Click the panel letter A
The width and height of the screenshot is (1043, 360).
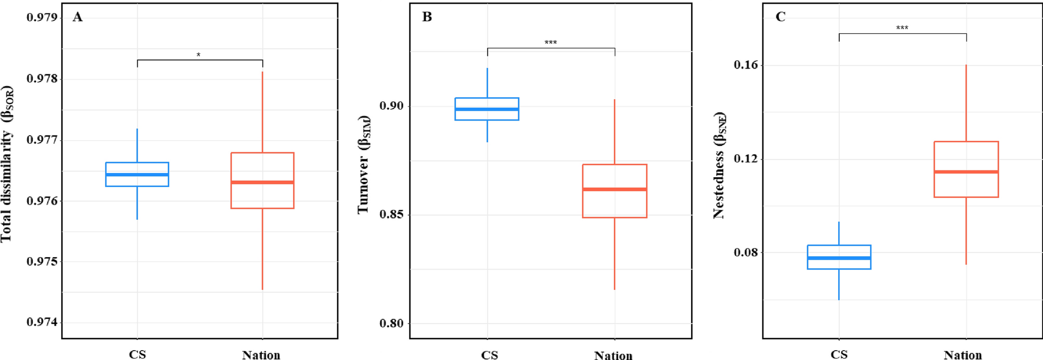click(x=77, y=17)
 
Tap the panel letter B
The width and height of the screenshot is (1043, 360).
click(x=427, y=17)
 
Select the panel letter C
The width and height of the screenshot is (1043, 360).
click(x=780, y=17)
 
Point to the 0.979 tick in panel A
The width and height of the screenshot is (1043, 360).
click(x=42, y=18)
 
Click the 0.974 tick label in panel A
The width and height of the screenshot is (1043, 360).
click(x=42, y=322)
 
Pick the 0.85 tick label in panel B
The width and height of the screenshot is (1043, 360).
click(x=391, y=215)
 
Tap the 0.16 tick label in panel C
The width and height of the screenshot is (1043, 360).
click(x=746, y=65)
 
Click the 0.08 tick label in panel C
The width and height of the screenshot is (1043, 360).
click(x=746, y=252)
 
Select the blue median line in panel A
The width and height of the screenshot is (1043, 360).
click(x=137, y=175)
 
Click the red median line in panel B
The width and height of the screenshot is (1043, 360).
click(x=614, y=189)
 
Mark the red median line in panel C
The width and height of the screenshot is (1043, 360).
click(x=966, y=171)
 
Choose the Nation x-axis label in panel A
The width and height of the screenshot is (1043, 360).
click(x=261, y=355)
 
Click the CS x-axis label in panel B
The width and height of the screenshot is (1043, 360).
click(x=489, y=355)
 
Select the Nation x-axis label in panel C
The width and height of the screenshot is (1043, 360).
click(x=962, y=355)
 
